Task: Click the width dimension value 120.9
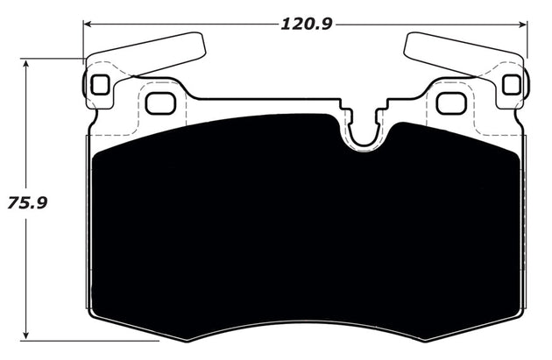click(306, 24)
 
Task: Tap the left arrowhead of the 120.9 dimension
click(88, 24)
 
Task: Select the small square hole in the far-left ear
click(99, 85)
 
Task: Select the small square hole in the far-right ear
click(513, 84)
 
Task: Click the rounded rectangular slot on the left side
click(160, 102)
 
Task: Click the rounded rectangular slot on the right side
click(451, 102)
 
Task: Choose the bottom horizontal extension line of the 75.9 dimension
click(88, 340)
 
